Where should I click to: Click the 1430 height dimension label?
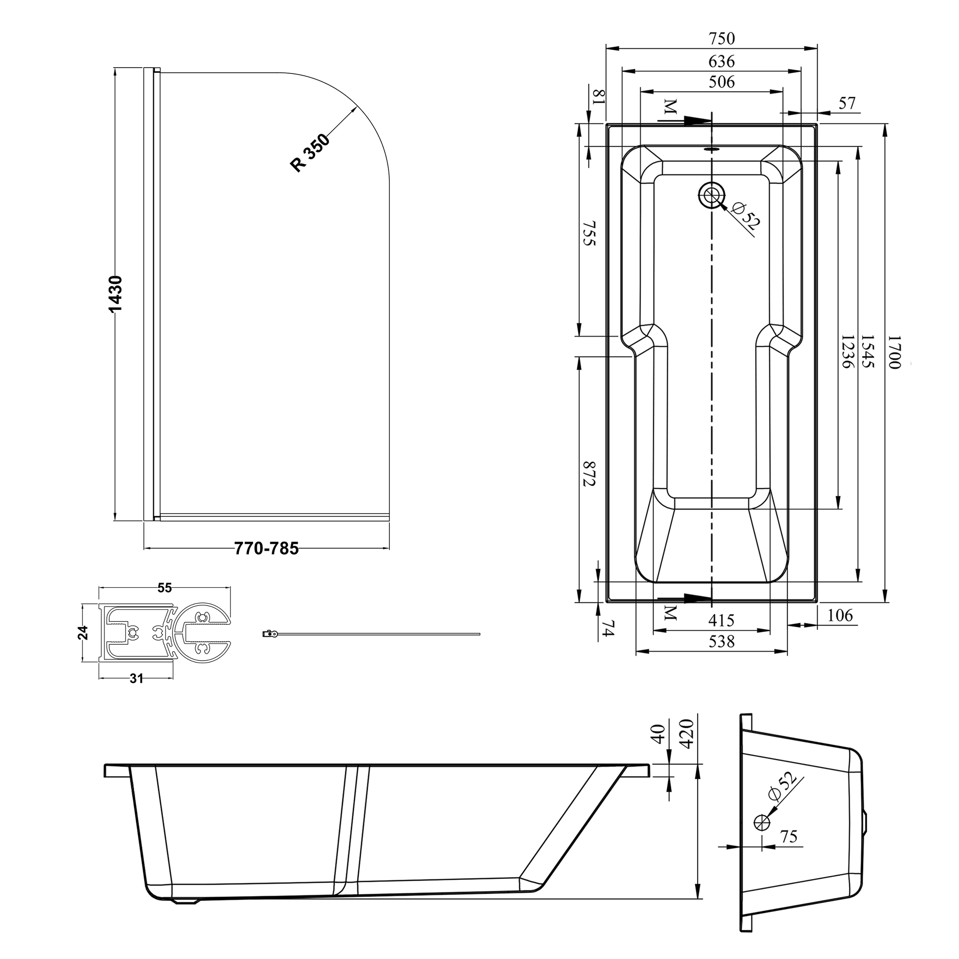(115, 295)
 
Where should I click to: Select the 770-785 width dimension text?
(267, 549)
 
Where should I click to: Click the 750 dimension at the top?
(721, 38)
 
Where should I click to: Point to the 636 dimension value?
(721, 61)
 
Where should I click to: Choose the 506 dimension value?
(721, 82)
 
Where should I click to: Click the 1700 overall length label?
(893, 352)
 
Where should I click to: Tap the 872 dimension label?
(588, 474)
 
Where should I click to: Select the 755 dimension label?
(588, 234)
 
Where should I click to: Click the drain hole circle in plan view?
(712, 195)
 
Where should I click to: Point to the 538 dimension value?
(721, 643)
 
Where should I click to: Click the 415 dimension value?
(721, 620)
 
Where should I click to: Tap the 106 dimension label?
(840, 616)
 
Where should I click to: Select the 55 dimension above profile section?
(164, 588)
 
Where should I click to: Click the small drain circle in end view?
(761, 822)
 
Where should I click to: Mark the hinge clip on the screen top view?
(269, 633)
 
